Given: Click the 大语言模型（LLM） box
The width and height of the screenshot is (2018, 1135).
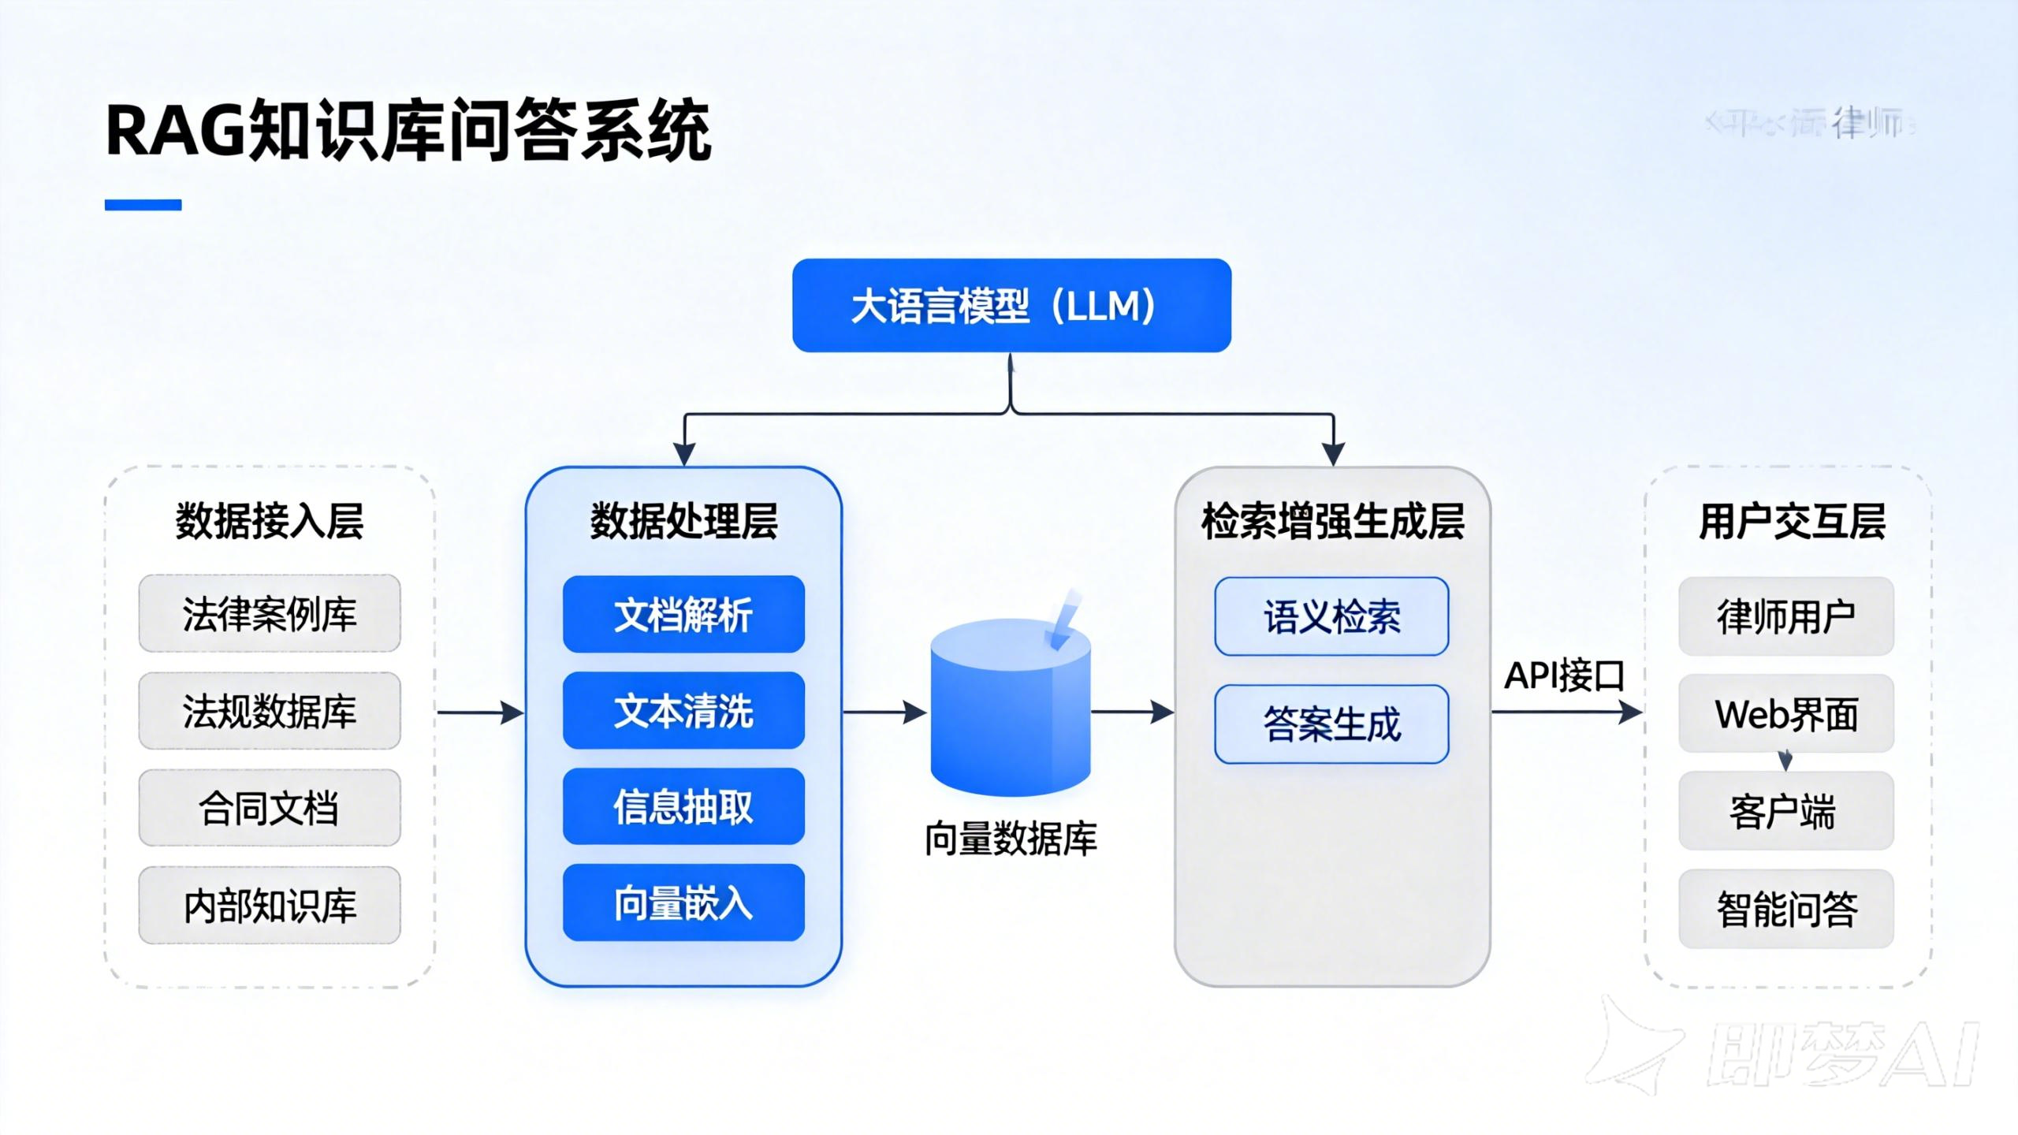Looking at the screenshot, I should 1011,305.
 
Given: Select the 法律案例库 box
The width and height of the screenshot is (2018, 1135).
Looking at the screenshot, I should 270,613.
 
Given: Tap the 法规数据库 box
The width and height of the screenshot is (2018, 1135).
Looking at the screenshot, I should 270,710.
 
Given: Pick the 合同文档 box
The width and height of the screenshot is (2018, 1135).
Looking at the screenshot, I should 270,808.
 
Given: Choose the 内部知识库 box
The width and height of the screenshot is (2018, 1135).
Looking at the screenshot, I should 270,905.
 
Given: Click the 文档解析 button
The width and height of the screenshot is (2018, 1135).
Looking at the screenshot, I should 683,614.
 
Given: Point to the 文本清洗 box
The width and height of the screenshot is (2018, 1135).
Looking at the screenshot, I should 683,710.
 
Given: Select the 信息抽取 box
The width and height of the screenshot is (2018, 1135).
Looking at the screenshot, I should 683,806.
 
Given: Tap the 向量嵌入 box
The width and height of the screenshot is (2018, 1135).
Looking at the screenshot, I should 683,902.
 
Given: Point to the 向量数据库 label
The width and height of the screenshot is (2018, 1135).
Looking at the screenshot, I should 1011,839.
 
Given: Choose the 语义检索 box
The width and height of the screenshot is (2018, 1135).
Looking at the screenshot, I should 1331,616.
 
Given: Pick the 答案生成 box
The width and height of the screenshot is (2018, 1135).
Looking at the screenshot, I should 1331,724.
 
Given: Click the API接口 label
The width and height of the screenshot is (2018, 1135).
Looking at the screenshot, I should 1564,675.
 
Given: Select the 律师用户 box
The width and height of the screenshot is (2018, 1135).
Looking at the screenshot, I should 1785,616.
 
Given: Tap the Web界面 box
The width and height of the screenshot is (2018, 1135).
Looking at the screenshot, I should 1785,713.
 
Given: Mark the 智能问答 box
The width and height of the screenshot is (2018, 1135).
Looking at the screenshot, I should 1785,908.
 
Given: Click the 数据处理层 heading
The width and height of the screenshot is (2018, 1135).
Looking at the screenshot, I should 683,521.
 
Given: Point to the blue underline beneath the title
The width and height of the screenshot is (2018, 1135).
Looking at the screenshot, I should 143,205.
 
